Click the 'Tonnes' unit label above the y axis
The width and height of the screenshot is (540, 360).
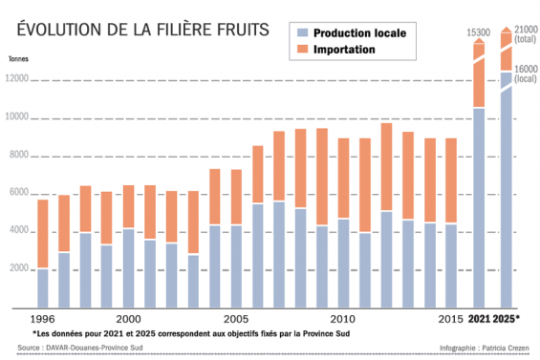pyautogui.click(x=18, y=59)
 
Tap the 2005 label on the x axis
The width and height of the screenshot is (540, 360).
pyautogui.click(x=237, y=317)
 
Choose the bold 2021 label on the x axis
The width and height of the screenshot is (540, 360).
pyautogui.click(x=479, y=317)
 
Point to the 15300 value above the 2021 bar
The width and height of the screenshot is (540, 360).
pyautogui.click(x=479, y=34)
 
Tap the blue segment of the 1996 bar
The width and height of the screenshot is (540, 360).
pyautogui.click(x=43, y=287)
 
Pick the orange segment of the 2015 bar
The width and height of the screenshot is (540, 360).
pyautogui.click(x=450, y=180)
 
